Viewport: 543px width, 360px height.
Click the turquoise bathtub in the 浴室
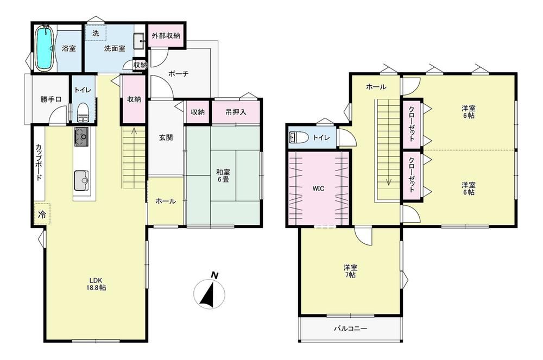click(x=44, y=48)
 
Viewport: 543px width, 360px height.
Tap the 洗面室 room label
click(x=115, y=48)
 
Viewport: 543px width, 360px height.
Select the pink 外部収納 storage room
click(x=166, y=36)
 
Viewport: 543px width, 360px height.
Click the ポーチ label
click(x=179, y=73)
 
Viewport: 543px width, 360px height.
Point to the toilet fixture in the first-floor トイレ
click(x=83, y=113)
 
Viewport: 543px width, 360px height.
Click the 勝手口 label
click(x=51, y=99)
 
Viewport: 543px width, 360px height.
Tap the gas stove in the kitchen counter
click(x=81, y=136)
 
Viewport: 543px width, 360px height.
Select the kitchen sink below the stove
click(x=81, y=181)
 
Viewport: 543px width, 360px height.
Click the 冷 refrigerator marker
click(x=42, y=214)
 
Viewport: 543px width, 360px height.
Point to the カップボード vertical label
click(x=39, y=162)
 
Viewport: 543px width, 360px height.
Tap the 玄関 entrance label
click(x=166, y=138)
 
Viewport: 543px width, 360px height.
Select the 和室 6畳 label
click(x=223, y=175)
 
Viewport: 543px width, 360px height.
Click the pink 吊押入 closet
click(x=236, y=112)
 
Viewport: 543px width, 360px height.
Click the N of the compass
click(x=214, y=275)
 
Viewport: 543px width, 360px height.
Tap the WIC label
click(x=318, y=188)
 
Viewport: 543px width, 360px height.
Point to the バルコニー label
click(x=350, y=329)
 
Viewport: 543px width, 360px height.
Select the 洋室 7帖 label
click(x=350, y=271)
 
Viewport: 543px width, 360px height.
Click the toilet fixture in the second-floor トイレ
click(x=299, y=137)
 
